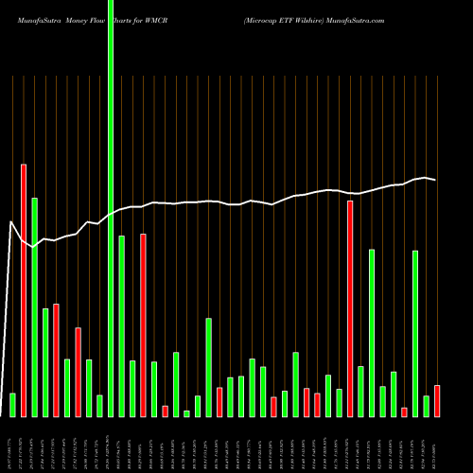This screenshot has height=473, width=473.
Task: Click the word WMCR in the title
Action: point(157,19)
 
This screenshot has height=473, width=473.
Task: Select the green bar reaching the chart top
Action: point(111,208)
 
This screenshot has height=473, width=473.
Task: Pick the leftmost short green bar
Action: point(12,405)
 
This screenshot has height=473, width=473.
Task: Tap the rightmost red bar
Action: point(437,401)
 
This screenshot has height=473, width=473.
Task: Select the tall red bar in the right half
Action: point(350,308)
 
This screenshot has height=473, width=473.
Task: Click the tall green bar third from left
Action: point(34,307)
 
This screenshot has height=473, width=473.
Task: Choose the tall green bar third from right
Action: point(415,333)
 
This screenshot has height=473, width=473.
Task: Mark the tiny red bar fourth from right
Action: point(404,412)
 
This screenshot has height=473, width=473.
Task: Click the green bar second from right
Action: point(426,406)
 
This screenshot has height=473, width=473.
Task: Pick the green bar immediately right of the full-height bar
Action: point(122,326)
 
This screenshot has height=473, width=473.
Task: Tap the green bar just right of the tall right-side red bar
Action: point(360,391)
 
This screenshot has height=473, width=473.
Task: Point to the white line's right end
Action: point(435,180)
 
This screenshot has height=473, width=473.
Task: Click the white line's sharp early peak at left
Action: point(11,222)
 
